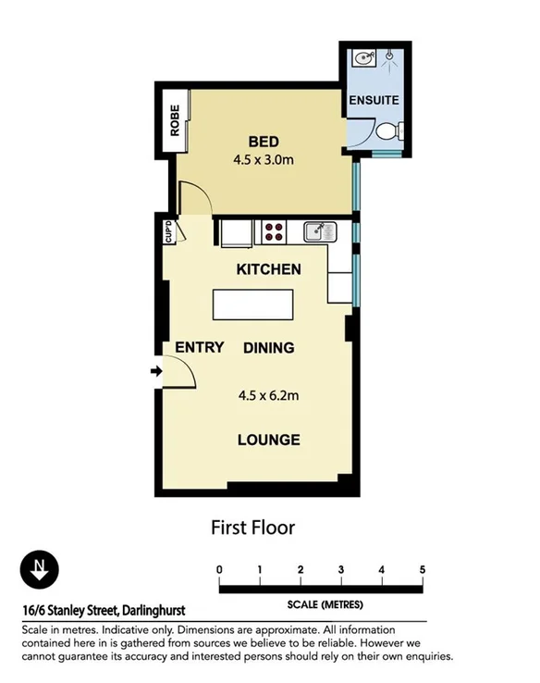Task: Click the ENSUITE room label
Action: click(374, 99)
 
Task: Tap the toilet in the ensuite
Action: click(388, 131)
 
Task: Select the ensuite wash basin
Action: click(361, 59)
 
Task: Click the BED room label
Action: click(264, 142)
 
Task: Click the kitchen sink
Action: click(317, 230)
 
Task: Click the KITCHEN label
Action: click(269, 269)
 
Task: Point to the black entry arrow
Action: click(156, 372)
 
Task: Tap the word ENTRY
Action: click(200, 348)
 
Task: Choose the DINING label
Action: click(269, 348)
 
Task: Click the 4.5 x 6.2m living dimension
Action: click(269, 397)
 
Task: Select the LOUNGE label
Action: click(269, 440)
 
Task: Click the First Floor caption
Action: click(252, 528)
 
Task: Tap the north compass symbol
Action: click(38, 569)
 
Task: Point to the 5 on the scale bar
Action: click(423, 569)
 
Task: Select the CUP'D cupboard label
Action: click(168, 231)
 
